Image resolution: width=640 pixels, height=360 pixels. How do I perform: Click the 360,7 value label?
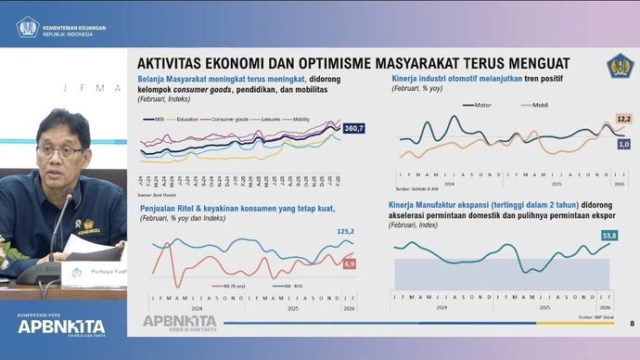(x=352, y=127)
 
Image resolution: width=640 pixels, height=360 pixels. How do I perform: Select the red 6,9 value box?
(x=350, y=264)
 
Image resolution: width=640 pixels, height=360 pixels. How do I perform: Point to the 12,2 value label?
(x=623, y=120)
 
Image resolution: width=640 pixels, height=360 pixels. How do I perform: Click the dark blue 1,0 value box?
(x=623, y=144)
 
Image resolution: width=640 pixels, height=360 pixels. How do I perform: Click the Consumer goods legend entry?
(x=227, y=120)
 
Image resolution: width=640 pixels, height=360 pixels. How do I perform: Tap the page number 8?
(x=632, y=323)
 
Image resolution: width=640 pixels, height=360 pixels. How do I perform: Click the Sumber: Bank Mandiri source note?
(x=158, y=196)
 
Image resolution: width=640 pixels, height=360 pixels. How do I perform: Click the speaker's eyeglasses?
(x=60, y=150)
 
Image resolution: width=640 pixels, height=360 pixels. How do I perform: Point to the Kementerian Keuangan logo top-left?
(x=27, y=24)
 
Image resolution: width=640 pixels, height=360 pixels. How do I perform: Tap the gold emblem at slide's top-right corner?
(x=618, y=67)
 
